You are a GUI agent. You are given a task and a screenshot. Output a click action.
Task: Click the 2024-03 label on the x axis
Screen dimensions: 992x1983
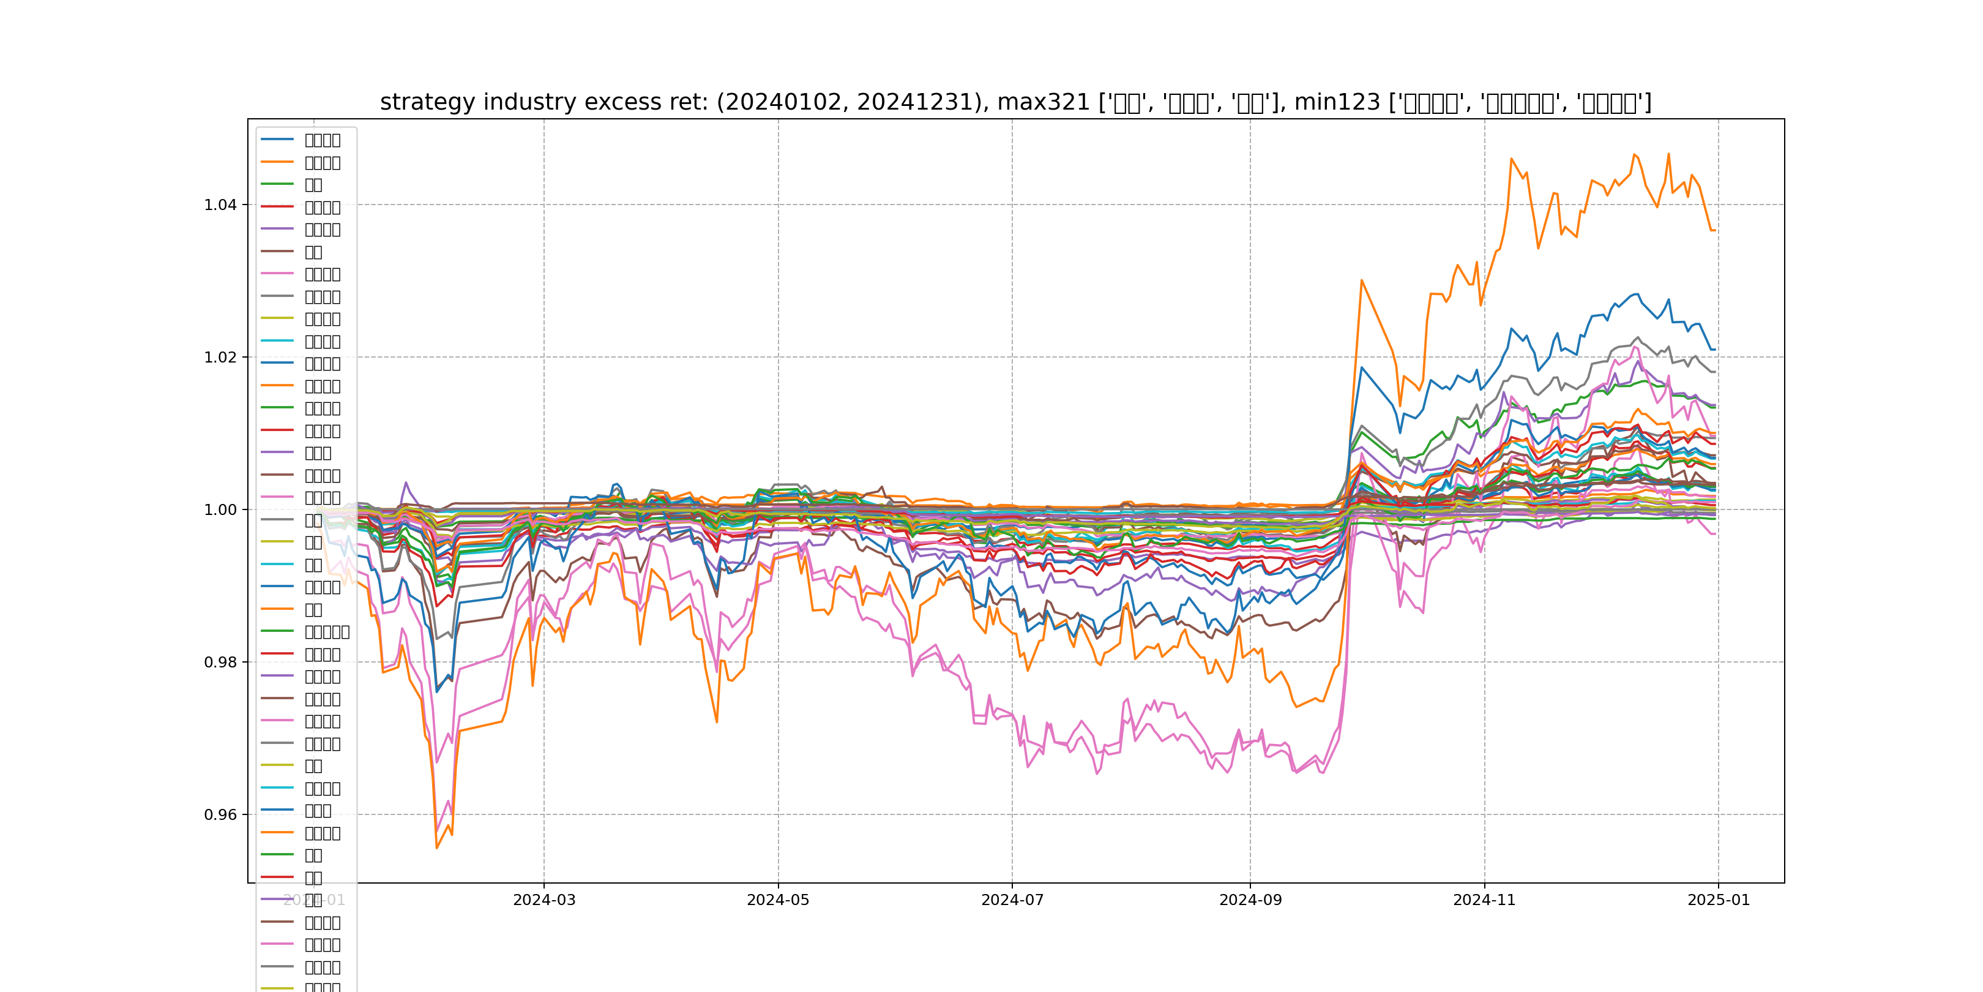point(544,900)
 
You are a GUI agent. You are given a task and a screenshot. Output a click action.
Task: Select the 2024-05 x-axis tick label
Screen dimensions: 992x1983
point(779,900)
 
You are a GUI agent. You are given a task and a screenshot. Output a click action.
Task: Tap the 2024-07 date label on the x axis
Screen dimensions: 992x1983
point(1012,900)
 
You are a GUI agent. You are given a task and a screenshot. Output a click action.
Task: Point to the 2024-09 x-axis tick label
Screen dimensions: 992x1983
point(1250,900)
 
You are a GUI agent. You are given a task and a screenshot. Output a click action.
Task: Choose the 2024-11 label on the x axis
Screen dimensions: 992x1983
point(1484,900)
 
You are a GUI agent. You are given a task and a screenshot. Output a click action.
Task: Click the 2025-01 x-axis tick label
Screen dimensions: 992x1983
point(1718,900)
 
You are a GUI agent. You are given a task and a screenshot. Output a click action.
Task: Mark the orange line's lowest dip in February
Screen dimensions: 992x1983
point(437,848)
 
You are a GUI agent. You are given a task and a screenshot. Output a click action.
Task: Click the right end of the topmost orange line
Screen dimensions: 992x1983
point(1715,230)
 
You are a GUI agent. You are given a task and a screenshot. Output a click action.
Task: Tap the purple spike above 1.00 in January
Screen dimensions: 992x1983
point(406,483)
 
